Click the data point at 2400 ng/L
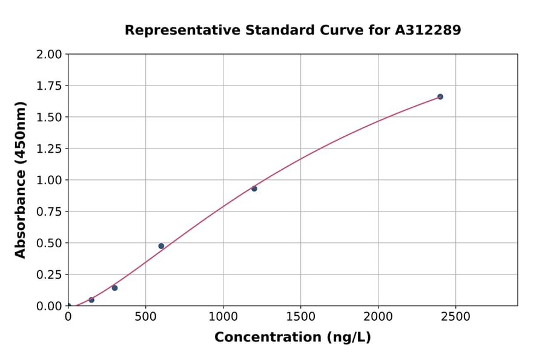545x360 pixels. click(440, 97)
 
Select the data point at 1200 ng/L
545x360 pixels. click(254, 188)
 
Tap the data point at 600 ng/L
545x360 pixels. click(161, 246)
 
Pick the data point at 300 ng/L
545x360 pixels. click(114, 288)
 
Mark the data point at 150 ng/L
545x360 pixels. click(91, 300)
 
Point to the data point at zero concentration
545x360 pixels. click(68, 306)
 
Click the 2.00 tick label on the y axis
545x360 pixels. click(49, 55)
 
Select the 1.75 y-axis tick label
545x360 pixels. click(49, 86)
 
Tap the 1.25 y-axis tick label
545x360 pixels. click(49, 149)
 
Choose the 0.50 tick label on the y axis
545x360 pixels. click(49, 243)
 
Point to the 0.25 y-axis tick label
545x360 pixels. click(49, 275)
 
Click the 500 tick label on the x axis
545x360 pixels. click(145, 317)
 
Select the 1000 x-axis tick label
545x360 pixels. click(223, 317)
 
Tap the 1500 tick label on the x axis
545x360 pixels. click(301, 317)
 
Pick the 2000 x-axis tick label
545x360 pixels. click(378, 317)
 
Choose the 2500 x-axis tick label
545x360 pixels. click(456, 317)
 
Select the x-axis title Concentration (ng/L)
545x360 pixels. click(292, 338)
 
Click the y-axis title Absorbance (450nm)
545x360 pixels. click(21, 180)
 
